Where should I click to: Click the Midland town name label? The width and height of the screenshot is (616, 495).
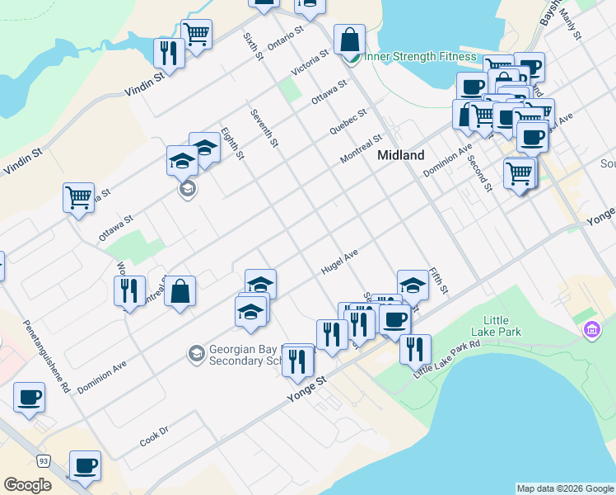coord(400,155)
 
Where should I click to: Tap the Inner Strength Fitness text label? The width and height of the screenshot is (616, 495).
coord(420,56)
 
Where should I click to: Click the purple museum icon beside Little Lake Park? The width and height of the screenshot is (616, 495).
coord(590,331)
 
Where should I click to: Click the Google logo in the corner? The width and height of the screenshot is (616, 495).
coord(28,484)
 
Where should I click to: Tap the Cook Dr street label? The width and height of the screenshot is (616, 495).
coord(153,436)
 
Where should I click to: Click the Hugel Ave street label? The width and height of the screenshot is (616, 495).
coord(340,263)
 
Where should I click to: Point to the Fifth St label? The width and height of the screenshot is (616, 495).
coord(437,281)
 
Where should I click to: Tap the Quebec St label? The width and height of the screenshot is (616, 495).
coord(348,120)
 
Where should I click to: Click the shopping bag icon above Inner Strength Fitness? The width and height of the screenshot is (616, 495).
coord(349,39)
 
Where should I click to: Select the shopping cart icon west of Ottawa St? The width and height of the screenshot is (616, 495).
coord(78,197)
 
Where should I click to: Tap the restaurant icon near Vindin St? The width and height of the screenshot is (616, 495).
coord(168,53)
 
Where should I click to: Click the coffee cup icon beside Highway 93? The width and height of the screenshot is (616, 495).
coord(84,466)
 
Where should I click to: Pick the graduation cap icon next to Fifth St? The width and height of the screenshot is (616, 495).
coord(413,285)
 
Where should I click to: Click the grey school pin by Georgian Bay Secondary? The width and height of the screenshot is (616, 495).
coord(196,354)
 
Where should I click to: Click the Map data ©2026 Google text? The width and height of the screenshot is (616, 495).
coord(564,488)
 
